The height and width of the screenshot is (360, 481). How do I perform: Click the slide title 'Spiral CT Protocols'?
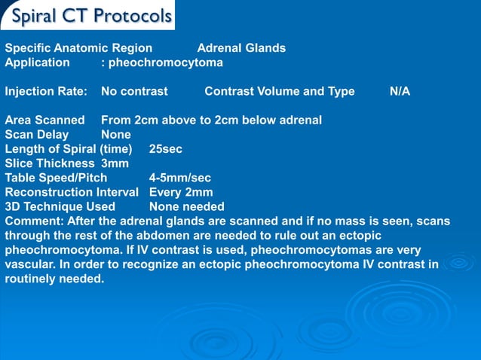tap(93, 16)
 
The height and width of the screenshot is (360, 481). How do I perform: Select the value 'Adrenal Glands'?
tap(241, 48)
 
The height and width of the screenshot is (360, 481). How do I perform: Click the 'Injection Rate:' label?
tap(46, 92)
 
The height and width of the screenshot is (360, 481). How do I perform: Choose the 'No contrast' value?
tap(134, 92)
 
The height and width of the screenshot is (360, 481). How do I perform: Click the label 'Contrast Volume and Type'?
tap(279, 92)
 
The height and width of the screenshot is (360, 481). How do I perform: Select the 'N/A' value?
tap(400, 92)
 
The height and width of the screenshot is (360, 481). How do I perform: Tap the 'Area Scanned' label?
tap(44, 121)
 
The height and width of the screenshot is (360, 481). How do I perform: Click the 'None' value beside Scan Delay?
tap(116, 135)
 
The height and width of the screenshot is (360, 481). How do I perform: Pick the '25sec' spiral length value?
tap(166, 149)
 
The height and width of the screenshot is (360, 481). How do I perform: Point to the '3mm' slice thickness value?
tap(115, 163)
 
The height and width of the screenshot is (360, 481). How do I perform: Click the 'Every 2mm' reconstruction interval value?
tap(181, 192)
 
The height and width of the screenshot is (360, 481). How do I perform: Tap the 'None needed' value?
tap(186, 206)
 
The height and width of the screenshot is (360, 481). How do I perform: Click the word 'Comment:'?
tap(34, 221)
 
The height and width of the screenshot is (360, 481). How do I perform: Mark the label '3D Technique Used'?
tap(60, 206)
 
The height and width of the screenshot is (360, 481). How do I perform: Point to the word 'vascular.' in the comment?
tap(31, 264)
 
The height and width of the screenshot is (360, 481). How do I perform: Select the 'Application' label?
tap(37, 63)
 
